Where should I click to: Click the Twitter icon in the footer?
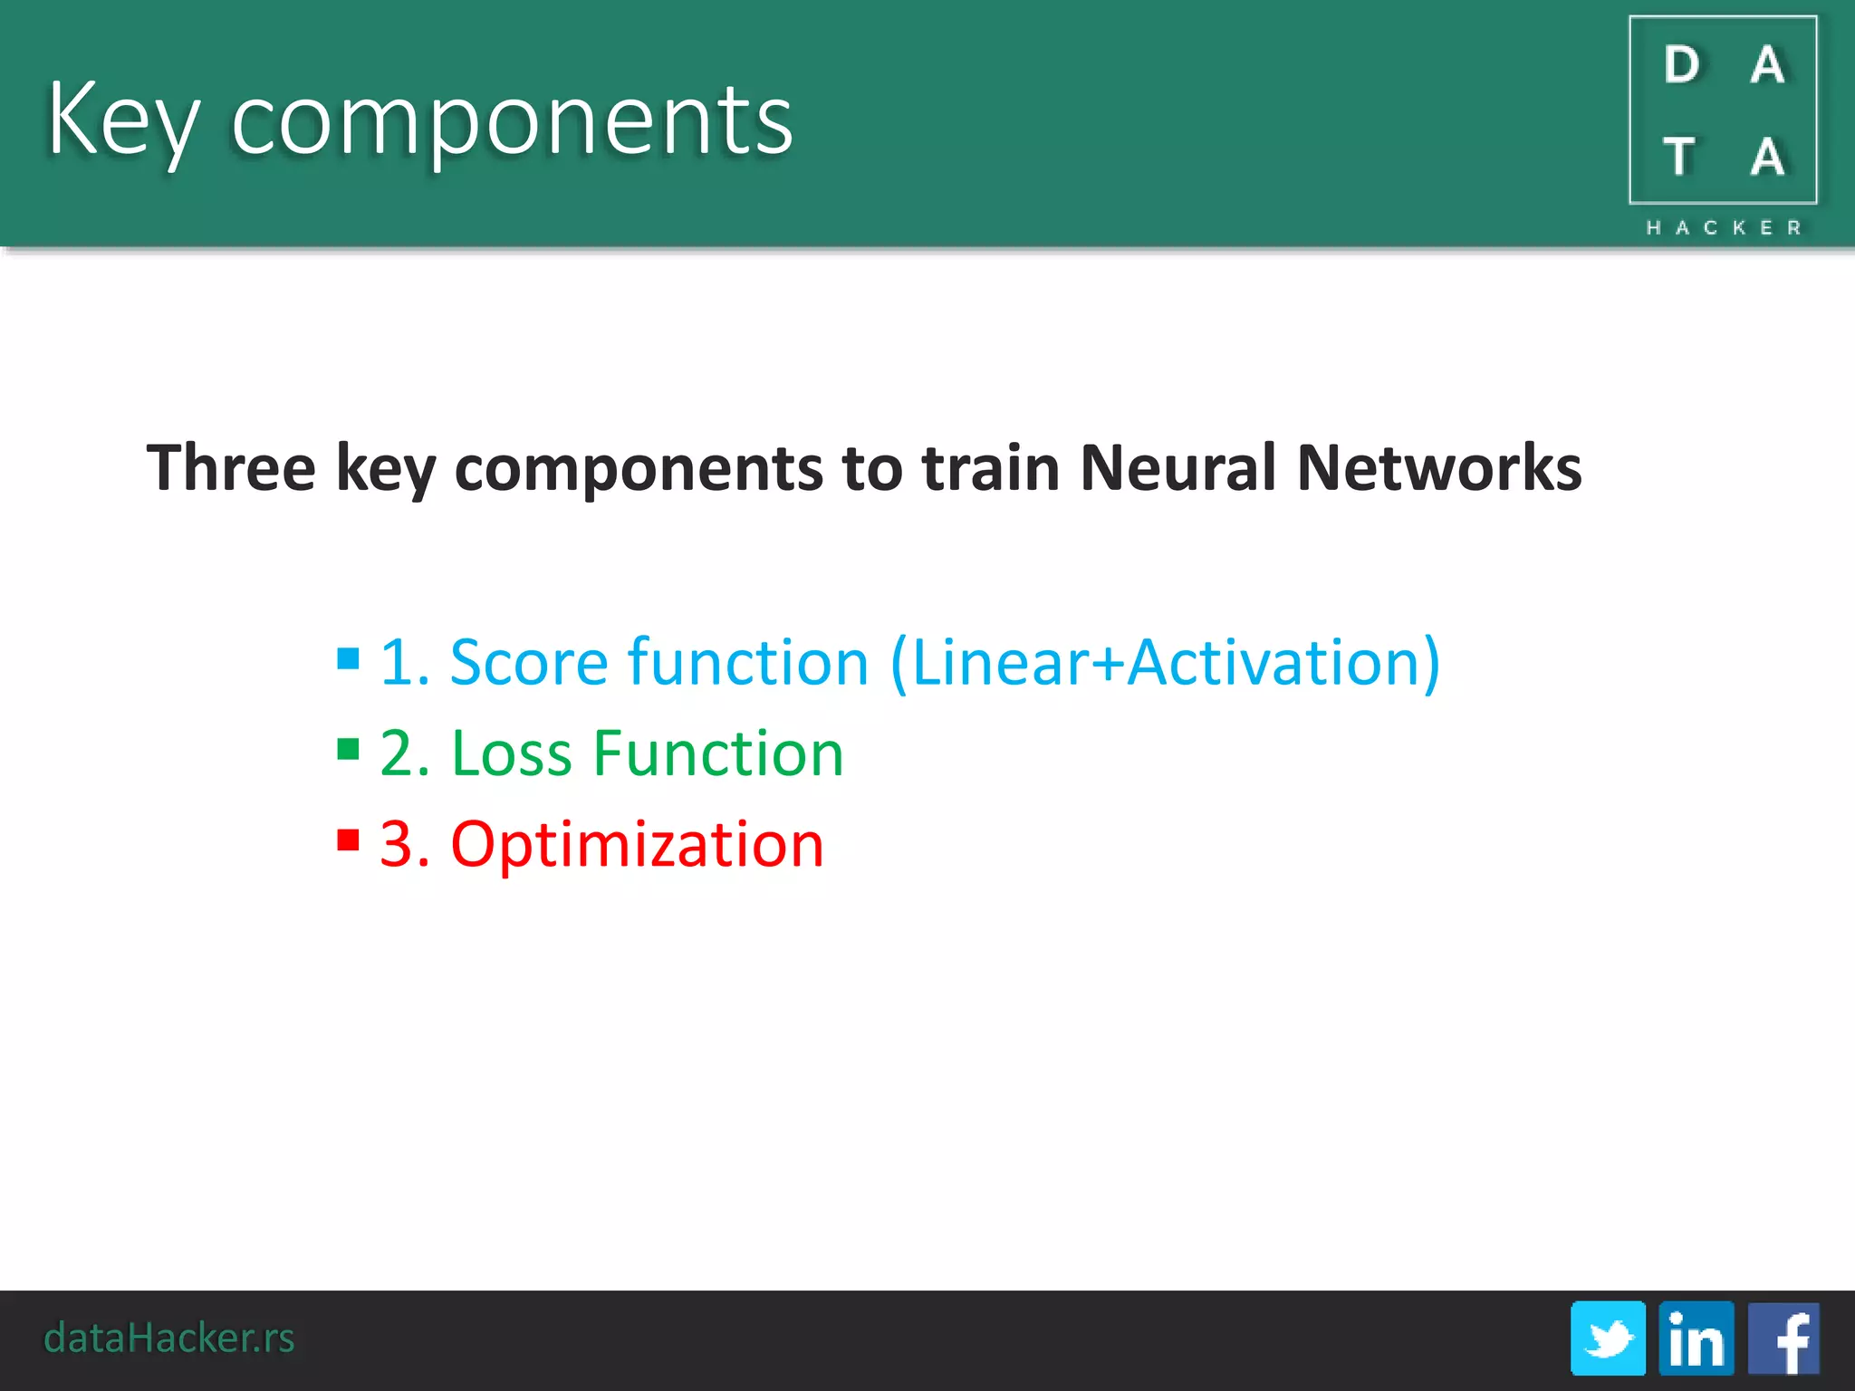coord(1608,1338)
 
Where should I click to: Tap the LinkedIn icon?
coord(1696,1338)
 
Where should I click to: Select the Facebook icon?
coord(1783,1338)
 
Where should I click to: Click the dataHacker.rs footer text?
coord(169,1338)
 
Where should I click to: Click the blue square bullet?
coord(348,657)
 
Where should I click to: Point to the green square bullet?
coord(348,749)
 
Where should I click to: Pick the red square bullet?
coord(348,840)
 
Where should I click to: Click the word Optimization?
coord(637,845)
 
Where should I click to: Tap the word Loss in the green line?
coord(512,753)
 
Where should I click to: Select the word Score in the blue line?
coord(529,662)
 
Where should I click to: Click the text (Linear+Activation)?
coord(1166,662)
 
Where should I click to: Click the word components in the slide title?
coord(513,120)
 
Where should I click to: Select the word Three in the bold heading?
coord(231,468)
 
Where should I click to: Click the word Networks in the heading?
coord(1439,468)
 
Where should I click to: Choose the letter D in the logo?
coord(1682,65)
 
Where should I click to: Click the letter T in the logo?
coord(1679,157)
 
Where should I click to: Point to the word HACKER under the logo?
coord(1724,227)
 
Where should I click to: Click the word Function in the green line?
coord(718,753)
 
